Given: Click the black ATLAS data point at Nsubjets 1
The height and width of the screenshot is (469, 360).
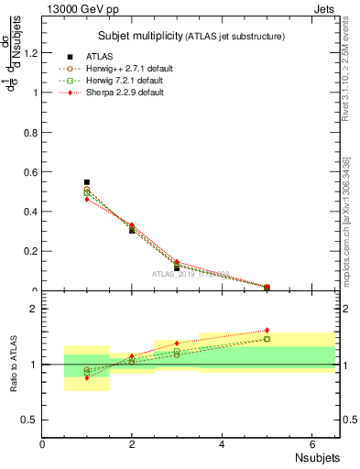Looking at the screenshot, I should (x=87, y=182).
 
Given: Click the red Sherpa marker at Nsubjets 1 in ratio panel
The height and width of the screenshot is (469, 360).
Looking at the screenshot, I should (x=87, y=377).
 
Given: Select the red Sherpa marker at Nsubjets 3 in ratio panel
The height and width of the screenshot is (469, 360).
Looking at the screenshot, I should (x=177, y=344).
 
